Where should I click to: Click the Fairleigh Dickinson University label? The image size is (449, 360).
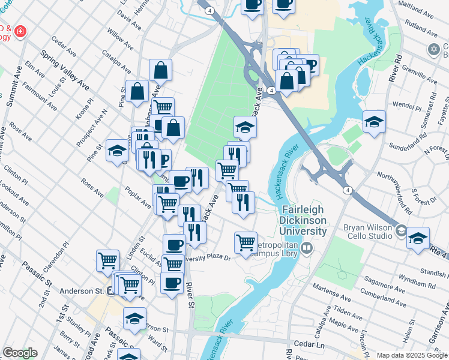(305, 220)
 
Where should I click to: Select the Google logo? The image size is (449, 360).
(20, 353)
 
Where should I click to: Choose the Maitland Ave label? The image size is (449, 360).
(415, 10)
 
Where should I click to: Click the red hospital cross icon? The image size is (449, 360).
(20, 30)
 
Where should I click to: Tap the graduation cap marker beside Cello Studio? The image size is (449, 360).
(418, 238)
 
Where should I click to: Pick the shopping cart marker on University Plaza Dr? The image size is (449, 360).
(246, 243)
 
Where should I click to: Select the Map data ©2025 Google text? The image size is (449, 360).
(411, 355)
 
